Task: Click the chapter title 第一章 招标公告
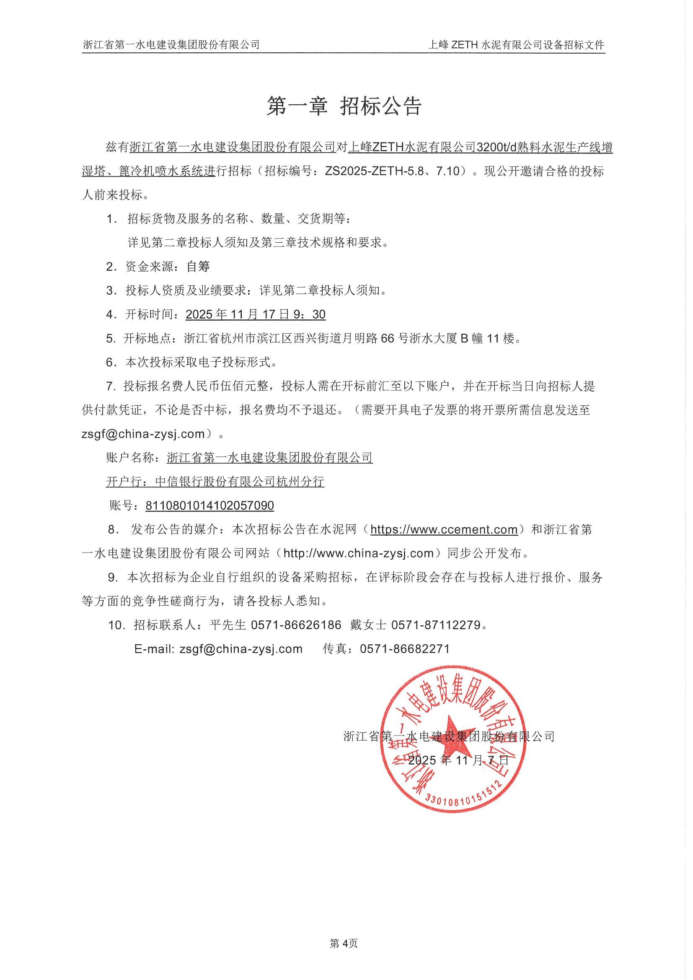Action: [x=344, y=106]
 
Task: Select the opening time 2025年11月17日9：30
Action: [x=255, y=314]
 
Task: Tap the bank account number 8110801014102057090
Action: [x=209, y=506]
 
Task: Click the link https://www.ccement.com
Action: [x=444, y=530]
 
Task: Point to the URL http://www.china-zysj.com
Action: [x=359, y=554]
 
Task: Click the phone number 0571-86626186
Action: [x=296, y=625]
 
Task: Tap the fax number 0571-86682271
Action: [x=405, y=649]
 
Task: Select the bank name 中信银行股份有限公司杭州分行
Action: [x=240, y=482]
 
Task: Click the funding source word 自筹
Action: [x=199, y=267]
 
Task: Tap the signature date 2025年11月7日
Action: [x=458, y=760]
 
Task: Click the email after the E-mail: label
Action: [x=240, y=649]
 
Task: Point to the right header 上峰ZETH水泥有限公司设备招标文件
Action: [x=516, y=45]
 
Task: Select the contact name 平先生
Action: [x=228, y=625]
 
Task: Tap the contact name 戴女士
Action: [x=368, y=625]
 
